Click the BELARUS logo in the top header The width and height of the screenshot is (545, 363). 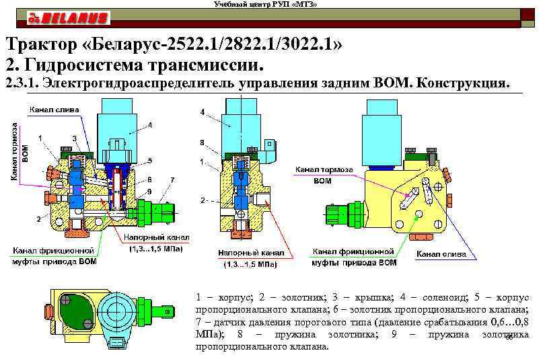[x=65, y=16]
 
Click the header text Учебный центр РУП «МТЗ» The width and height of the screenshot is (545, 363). [x=265, y=5]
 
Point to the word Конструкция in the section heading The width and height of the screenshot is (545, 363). [x=464, y=84]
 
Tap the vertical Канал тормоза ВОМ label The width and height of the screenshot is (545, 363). [x=20, y=151]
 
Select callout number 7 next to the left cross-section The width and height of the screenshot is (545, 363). [x=173, y=180]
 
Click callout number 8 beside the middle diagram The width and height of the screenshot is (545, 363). [x=203, y=143]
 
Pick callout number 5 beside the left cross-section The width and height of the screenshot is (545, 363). [x=149, y=161]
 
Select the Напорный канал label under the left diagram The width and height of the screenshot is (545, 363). [x=156, y=238]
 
